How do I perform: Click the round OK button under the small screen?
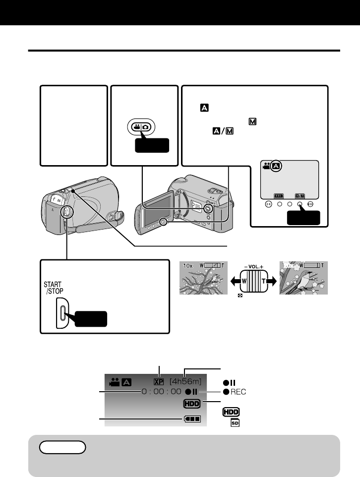268,203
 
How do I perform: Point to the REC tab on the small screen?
279,195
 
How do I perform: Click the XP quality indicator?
159,382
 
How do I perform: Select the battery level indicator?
192,419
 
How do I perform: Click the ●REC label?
235,392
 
